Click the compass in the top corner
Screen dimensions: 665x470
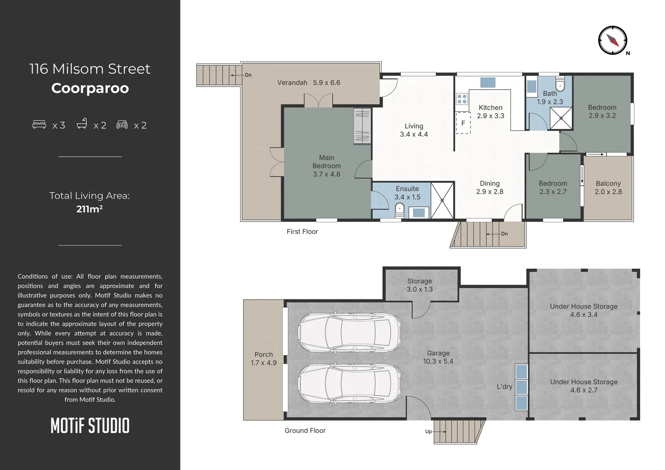pyautogui.click(x=612, y=40)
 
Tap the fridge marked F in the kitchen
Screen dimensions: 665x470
pyautogui.click(x=463, y=123)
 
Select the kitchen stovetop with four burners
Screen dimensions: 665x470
pyautogui.click(x=462, y=99)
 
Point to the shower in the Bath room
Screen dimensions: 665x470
pyautogui.click(x=561, y=118)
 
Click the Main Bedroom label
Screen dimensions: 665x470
pyautogui.click(x=326, y=162)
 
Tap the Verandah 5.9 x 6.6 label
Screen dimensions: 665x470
pyautogui.click(x=309, y=83)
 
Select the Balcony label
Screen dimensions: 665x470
pyautogui.click(x=608, y=184)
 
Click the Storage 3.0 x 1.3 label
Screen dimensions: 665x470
pyautogui.click(x=420, y=285)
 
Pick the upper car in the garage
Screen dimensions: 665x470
pyautogui.click(x=349, y=332)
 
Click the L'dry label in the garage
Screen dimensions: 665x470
pyautogui.click(x=505, y=386)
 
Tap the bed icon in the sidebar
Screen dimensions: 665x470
pyautogui.click(x=39, y=124)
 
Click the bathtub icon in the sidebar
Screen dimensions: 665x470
pyautogui.click(x=82, y=124)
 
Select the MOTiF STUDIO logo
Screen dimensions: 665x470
pyautogui.click(x=90, y=426)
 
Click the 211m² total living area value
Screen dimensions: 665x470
pyautogui.click(x=89, y=209)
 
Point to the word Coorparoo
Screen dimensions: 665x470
pyautogui.click(x=90, y=88)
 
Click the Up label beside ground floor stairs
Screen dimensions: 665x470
pyautogui.click(x=428, y=431)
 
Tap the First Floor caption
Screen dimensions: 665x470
pyautogui.click(x=302, y=232)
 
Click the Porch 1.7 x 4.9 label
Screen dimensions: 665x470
pyautogui.click(x=264, y=358)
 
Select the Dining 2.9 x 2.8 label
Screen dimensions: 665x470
pyautogui.click(x=490, y=187)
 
